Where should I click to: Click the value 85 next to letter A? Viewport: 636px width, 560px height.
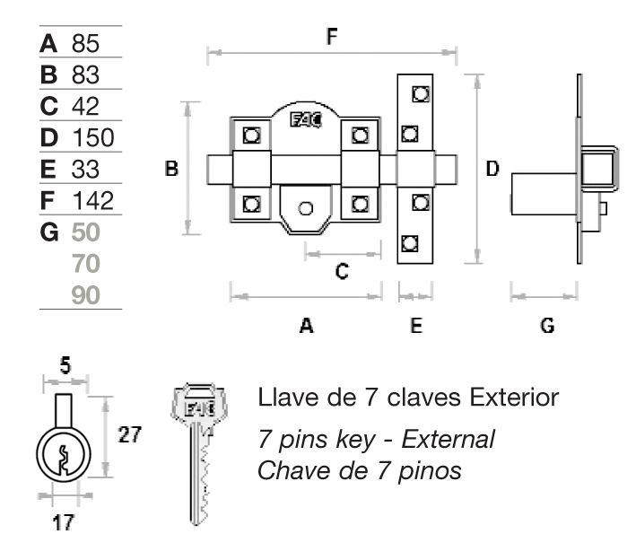pyautogui.click(x=87, y=43)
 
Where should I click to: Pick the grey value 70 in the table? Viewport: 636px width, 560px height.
pyautogui.click(x=86, y=264)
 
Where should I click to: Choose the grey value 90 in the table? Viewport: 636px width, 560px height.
pyautogui.click(x=86, y=295)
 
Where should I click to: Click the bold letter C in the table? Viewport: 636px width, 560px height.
pyautogui.click(x=49, y=106)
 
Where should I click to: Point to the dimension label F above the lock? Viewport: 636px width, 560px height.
pyautogui.click(x=331, y=37)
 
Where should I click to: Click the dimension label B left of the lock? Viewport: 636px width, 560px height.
pyautogui.click(x=171, y=168)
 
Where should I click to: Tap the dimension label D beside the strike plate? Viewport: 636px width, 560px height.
pyautogui.click(x=492, y=168)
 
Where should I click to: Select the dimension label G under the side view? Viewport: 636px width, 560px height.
pyautogui.click(x=546, y=326)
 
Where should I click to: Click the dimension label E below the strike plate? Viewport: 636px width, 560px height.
pyautogui.click(x=415, y=326)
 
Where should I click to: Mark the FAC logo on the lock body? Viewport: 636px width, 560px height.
pyautogui.click(x=304, y=121)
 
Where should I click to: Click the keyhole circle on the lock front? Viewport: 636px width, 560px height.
pyautogui.click(x=306, y=208)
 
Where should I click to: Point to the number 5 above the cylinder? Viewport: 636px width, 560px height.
pyautogui.click(x=65, y=366)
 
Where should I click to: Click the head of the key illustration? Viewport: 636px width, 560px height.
pyautogui.click(x=196, y=407)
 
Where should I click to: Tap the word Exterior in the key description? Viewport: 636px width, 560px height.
pyautogui.click(x=514, y=397)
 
